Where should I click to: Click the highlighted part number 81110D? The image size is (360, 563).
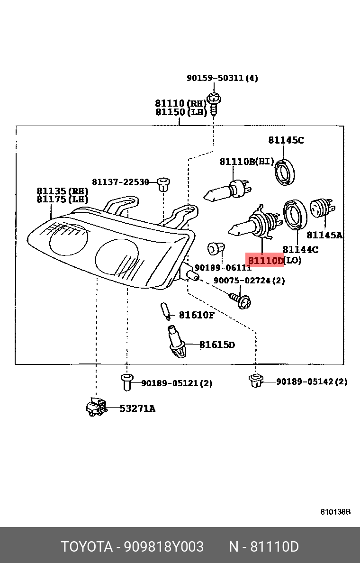[265, 260]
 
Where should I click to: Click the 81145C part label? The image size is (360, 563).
[286, 140]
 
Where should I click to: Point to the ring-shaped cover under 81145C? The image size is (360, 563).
[285, 172]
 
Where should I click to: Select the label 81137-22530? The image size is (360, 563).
[120, 182]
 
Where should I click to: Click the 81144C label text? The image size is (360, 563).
[300, 249]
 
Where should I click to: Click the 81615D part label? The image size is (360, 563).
[216, 345]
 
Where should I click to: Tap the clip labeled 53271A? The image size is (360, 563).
[96, 407]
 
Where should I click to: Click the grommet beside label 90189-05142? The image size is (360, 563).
[255, 380]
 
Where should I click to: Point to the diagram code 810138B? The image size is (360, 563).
[335, 512]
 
